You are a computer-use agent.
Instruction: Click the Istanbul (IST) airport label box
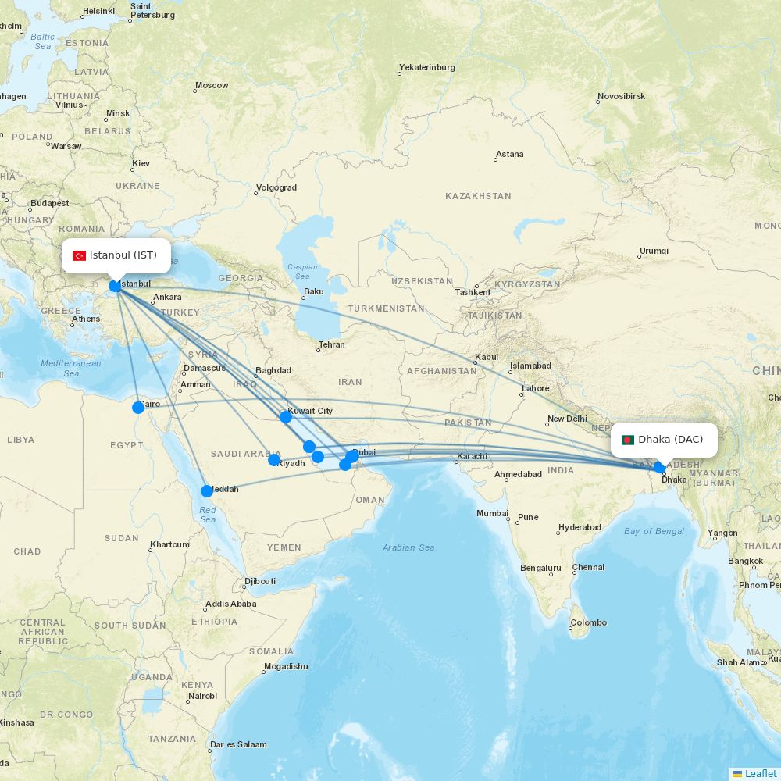pos(116,255)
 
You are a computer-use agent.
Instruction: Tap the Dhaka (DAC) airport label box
pos(663,440)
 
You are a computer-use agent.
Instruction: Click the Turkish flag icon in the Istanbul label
pos(79,256)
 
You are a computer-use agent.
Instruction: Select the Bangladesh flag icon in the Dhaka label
pos(627,440)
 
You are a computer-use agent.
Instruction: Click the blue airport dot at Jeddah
pos(207,491)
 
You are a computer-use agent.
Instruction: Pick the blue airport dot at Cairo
pos(138,407)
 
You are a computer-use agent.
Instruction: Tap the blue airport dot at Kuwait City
pos(286,417)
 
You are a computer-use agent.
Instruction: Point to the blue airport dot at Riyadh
pos(274,460)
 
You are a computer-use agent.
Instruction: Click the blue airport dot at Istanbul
pos(115,286)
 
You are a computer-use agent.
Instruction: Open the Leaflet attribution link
pos(760,773)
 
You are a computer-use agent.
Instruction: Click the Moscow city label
pos(212,85)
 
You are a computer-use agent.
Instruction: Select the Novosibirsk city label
pos(622,96)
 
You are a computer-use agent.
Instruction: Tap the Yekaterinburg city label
pos(426,67)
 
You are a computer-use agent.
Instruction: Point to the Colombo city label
pos(588,622)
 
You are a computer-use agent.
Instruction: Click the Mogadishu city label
pos(286,666)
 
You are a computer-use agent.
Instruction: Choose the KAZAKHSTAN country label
pos(478,196)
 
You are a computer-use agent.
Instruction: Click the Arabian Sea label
pos(408,547)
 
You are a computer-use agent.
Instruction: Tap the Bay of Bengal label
pos(654,531)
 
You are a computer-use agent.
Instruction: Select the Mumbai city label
pos(493,513)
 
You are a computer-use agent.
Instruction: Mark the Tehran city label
pos(331,344)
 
